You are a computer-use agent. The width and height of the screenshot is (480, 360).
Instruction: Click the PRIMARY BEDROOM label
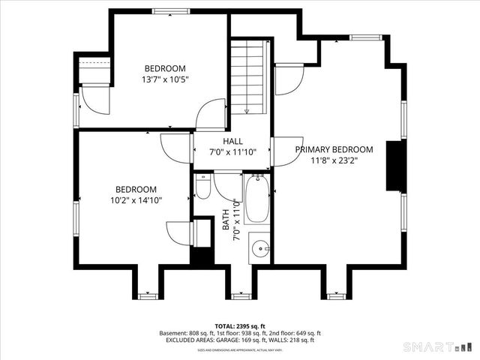334,149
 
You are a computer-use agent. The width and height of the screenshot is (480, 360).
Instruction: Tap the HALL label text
232,141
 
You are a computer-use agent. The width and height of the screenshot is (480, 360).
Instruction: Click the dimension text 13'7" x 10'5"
165,79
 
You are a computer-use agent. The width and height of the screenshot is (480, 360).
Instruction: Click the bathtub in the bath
256,199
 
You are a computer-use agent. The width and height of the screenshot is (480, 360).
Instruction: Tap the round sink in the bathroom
260,247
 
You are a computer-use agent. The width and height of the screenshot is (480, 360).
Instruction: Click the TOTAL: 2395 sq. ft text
239,325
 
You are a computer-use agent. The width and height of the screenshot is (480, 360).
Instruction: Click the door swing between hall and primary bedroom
283,151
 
